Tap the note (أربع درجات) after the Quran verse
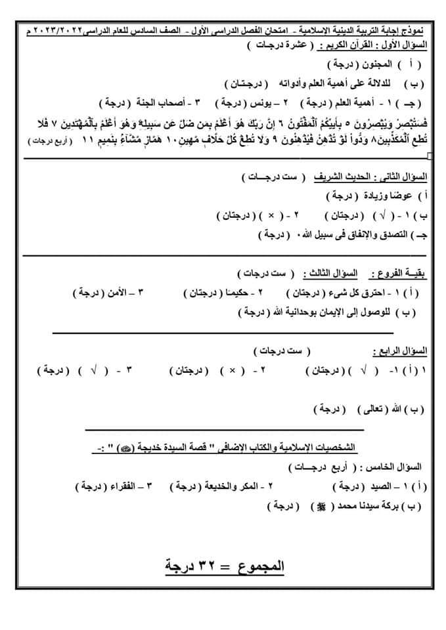[x=48, y=142]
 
